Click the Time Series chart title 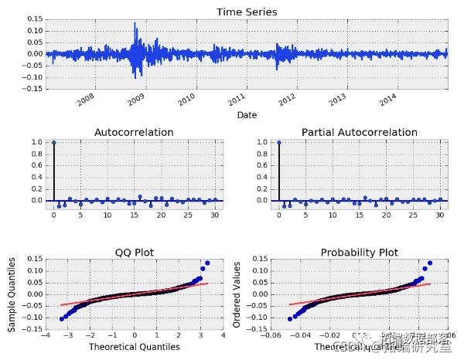(x=247, y=12)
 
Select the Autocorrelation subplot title (x=134, y=132)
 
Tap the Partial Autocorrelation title (x=359, y=132)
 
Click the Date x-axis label (x=247, y=115)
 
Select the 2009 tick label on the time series (x=136, y=99)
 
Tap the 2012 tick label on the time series (x=287, y=99)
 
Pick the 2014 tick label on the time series (x=388, y=99)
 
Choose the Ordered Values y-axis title (x=237, y=297)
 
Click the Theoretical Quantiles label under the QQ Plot (x=134, y=347)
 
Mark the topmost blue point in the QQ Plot (x=207, y=263)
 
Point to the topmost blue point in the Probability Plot (x=430, y=263)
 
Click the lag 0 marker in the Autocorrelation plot (x=53, y=142)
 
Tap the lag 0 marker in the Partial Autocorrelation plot (x=278, y=142)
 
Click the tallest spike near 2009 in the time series (x=135, y=25)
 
